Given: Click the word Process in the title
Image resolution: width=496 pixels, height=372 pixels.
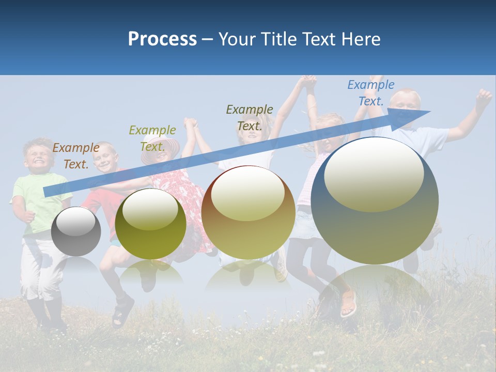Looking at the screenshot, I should pyautogui.click(x=162, y=39).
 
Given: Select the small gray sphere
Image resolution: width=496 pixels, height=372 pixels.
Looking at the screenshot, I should pyautogui.click(x=76, y=231).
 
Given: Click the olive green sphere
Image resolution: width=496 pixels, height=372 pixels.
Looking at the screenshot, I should pyautogui.click(x=150, y=224).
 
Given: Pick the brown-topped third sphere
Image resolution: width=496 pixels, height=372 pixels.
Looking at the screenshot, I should pyautogui.click(x=248, y=212).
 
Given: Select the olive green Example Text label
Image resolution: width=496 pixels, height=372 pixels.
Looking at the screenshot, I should pyautogui.click(x=152, y=138).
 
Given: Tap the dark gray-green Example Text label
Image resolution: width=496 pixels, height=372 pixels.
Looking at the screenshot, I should pyautogui.click(x=250, y=117).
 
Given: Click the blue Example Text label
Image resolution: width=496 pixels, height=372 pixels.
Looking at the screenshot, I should pyautogui.click(x=370, y=93).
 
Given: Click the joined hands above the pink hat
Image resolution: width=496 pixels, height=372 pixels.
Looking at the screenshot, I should pyautogui.click(x=191, y=123).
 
